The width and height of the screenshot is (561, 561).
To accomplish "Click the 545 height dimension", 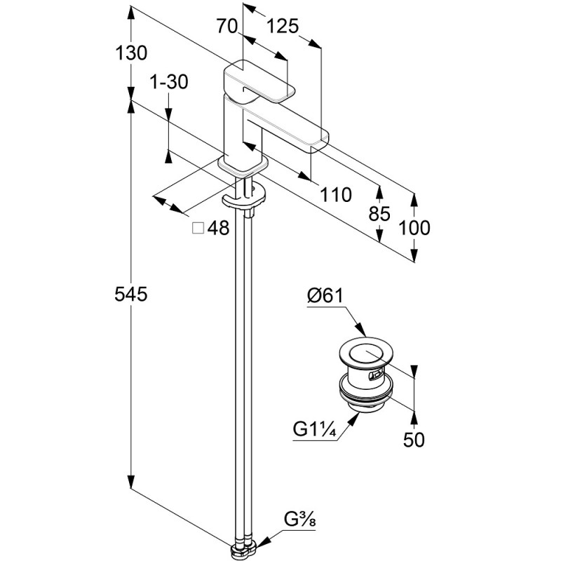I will point(131,295).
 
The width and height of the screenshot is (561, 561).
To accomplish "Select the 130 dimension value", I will point(131,53).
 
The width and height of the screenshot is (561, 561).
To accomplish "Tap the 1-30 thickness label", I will point(169,82).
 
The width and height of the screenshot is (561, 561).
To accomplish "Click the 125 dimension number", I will point(283,27).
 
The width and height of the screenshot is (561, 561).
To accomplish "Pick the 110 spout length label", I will point(335,196).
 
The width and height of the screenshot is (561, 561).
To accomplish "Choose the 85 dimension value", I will point(379,215).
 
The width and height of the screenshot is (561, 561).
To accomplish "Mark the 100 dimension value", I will point(415,227).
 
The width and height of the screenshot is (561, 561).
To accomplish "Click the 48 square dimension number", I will point(219,228).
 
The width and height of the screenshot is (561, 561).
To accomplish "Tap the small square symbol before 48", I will point(198,228).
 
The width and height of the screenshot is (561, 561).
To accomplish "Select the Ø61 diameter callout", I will point(324,297).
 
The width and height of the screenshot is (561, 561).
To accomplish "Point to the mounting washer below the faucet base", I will point(245,198).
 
